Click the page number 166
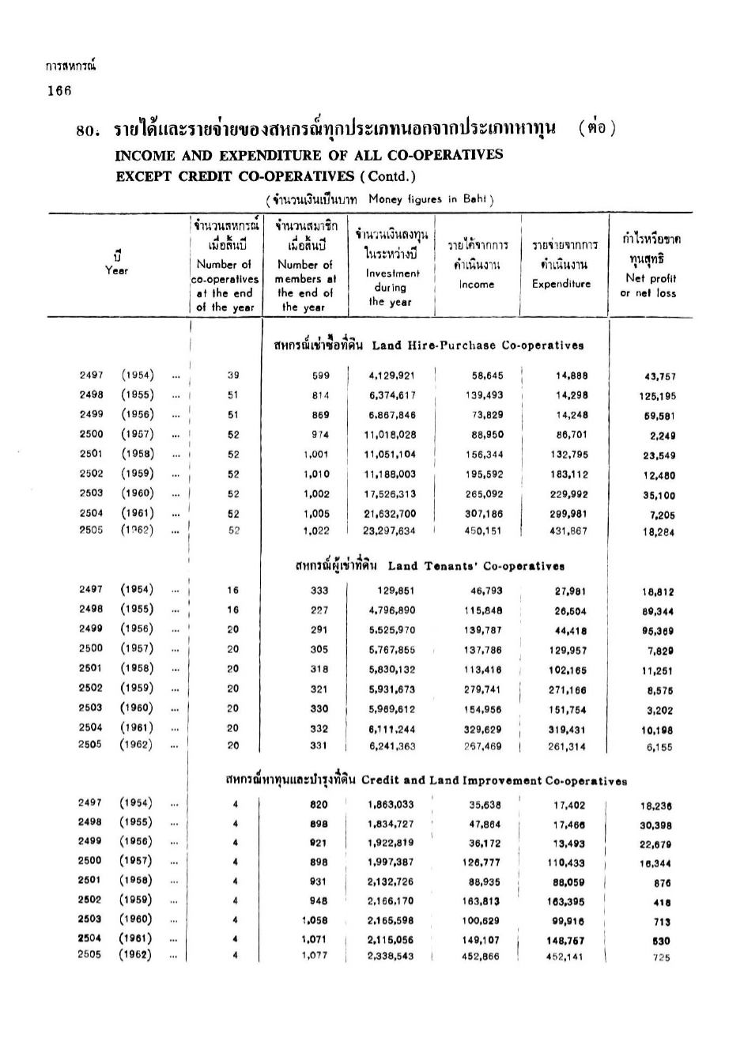59,90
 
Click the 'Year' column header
116,270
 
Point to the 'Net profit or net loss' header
651,285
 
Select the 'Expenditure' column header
561,284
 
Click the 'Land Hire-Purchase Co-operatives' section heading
478,345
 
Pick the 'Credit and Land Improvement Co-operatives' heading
494,781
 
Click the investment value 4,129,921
391,376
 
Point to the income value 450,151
484,531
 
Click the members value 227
319,610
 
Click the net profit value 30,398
656,825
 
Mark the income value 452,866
481,956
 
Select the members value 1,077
315,955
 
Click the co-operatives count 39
232,376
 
